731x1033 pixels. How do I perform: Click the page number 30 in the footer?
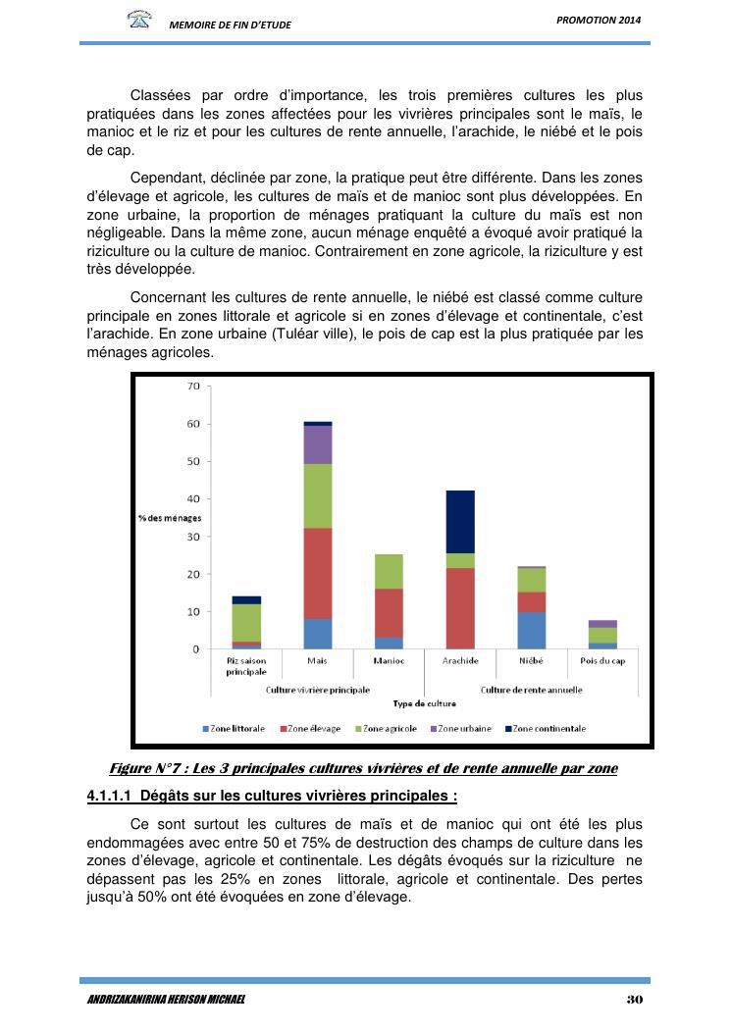(633, 1000)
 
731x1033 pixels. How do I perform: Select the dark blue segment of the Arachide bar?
(460, 522)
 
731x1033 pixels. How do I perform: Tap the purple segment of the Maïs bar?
(318, 444)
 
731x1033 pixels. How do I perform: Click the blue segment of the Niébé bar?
(532, 631)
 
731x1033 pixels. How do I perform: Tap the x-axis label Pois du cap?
(603, 661)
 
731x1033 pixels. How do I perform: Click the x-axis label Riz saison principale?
(246, 666)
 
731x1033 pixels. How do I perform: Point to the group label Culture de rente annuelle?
(532, 690)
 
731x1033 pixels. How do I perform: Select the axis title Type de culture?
(424, 703)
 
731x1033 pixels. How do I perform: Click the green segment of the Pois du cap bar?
(603, 635)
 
